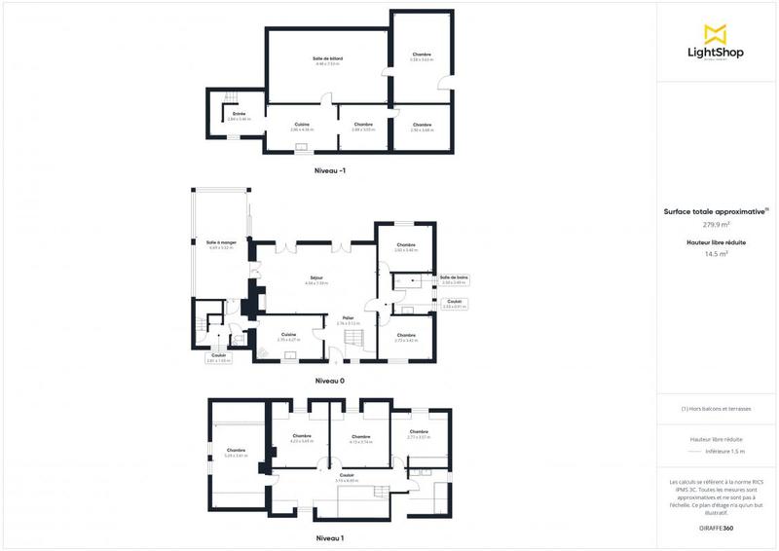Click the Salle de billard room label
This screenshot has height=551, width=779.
tap(327, 59)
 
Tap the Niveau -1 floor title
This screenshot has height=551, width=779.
tap(330, 171)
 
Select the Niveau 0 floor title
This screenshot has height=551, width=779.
tap(330, 381)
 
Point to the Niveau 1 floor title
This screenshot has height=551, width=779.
tap(330, 537)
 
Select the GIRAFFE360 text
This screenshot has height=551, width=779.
tap(716, 527)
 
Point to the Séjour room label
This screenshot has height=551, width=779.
tap(316, 279)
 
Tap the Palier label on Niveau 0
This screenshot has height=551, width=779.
tap(348, 318)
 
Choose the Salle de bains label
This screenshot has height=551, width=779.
tap(455, 277)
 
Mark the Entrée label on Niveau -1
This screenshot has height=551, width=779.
tap(239, 115)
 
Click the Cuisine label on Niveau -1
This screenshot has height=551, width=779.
tap(302, 125)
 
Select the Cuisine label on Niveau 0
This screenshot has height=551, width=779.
tap(288, 335)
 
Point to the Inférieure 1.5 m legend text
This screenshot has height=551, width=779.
tap(724, 451)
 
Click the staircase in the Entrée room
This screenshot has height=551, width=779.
tap(232, 96)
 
